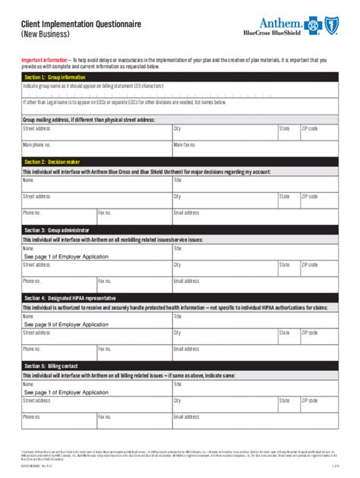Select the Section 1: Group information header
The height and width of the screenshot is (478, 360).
click(55, 77)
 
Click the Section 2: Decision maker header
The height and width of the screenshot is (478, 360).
click(52, 162)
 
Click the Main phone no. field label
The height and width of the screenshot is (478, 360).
click(36, 144)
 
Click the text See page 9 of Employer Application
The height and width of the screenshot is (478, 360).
click(66, 325)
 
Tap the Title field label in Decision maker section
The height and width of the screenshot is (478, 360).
click(178, 181)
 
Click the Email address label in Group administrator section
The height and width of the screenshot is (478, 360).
click(186, 281)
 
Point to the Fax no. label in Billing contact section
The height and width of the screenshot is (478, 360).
click(105, 417)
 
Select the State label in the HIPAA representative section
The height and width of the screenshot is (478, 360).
click(284, 332)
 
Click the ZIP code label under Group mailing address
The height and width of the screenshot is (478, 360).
click(309, 129)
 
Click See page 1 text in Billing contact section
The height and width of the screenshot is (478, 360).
click(66, 392)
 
